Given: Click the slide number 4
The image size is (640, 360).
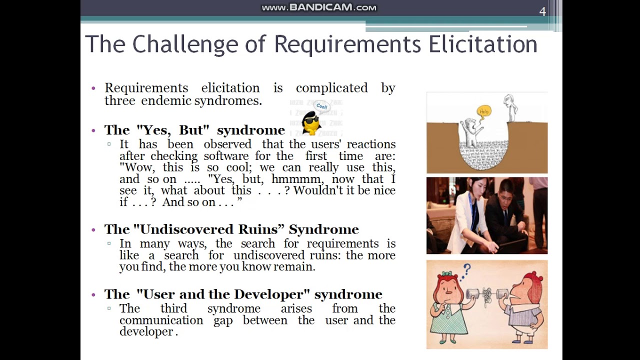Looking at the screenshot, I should [x=542, y=11].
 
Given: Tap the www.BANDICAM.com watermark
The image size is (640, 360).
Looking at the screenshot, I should [x=319, y=7].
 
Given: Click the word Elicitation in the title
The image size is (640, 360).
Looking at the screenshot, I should [x=482, y=44].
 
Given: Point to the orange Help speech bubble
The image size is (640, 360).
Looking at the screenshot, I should [x=483, y=111].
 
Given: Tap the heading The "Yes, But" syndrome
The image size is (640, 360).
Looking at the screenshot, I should [x=194, y=130].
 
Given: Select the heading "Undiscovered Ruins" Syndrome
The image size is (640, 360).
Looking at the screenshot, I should [x=231, y=229].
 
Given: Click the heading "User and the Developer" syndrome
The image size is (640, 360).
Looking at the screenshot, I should [x=243, y=294].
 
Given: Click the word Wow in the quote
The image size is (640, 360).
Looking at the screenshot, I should [x=136, y=167].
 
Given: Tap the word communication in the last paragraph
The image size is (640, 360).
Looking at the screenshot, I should [x=161, y=320].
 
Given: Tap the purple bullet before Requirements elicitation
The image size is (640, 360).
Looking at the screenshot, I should [x=93, y=88].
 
